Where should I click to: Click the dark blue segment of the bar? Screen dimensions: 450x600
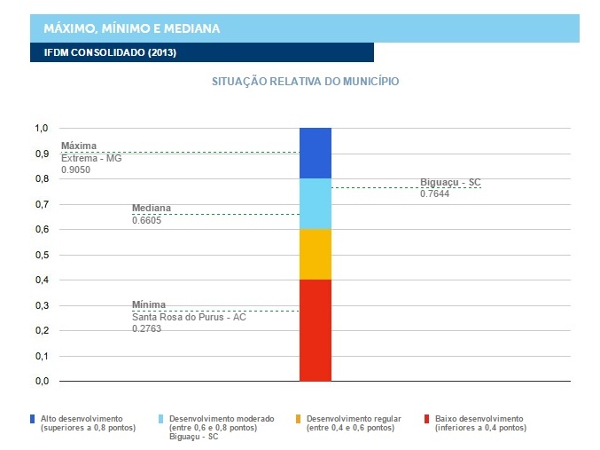[315, 153]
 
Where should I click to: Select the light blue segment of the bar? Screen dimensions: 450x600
[315, 203]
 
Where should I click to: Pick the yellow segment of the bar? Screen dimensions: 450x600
[315, 254]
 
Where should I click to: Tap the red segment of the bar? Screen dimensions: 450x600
[315, 330]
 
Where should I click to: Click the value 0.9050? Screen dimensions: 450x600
[75, 169]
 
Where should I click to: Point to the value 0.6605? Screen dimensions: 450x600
[146, 219]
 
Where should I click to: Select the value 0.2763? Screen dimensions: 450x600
[146, 328]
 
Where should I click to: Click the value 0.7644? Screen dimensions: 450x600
[435, 193]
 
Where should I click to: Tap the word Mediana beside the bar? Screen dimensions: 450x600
[152, 208]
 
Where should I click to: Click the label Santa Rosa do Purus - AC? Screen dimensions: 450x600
[189, 317]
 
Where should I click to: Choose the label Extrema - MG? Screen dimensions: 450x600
[91, 157]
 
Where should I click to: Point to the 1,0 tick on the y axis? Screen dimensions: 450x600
[41, 129]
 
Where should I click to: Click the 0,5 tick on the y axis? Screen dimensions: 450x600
[41, 255]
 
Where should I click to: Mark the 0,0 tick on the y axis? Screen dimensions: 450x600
[41, 382]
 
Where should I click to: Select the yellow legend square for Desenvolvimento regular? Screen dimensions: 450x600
[298, 418]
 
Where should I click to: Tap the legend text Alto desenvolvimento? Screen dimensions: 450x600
[82, 418]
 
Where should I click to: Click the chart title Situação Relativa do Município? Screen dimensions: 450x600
[305, 82]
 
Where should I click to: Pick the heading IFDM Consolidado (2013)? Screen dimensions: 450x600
[110, 52]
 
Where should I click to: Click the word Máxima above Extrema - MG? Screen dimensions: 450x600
[78, 146]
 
